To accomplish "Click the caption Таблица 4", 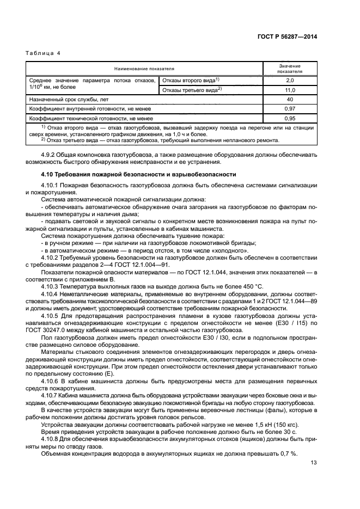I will point(42,53).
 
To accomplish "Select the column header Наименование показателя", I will point(144,69).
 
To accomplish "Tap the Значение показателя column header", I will point(290,69).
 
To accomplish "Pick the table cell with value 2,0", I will point(290,81).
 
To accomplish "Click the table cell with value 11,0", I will point(290,90).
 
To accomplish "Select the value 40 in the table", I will point(290,99).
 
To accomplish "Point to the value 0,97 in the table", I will point(290,108).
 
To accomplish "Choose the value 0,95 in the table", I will point(290,118).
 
